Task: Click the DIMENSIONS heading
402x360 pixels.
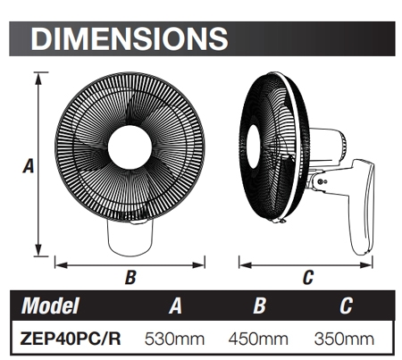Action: click(130, 38)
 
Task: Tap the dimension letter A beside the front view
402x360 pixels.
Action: click(28, 166)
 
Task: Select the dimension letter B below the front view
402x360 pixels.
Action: click(130, 278)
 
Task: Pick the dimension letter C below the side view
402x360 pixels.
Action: click(308, 278)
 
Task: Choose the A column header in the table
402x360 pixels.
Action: click(176, 306)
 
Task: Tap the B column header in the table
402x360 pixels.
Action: click(260, 306)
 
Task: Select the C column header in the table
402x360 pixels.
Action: click(345, 306)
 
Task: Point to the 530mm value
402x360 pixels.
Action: click(176, 339)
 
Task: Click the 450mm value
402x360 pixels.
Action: click(260, 339)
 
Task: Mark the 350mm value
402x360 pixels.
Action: click(345, 339)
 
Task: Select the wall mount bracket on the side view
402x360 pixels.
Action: click(363, 205)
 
